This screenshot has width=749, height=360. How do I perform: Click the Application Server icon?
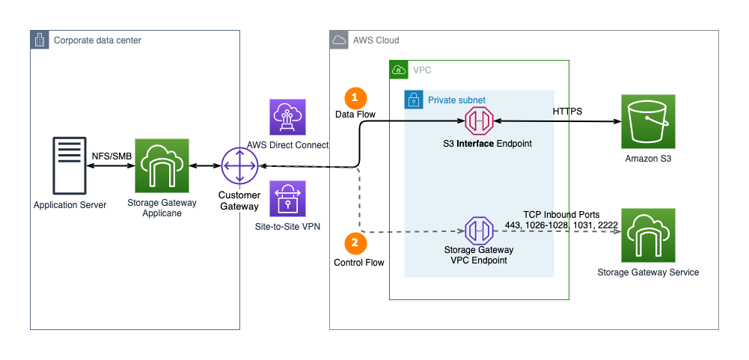coord(70,165)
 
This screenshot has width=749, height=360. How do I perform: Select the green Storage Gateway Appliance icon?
coord(162,165)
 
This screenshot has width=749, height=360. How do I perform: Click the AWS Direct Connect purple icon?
coord(288,118)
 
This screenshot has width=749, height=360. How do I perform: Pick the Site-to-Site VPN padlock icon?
coord(288,199)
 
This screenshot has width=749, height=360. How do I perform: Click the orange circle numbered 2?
coord(355,242)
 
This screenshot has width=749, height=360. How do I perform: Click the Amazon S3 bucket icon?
coord(648,121)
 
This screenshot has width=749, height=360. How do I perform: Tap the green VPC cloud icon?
coord(398,70)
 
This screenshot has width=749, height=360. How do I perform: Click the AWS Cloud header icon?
coord(339,40)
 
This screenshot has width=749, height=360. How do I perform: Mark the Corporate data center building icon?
coord(39,40)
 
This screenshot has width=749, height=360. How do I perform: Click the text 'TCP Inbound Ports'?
coord(560,215)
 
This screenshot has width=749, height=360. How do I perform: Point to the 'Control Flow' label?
coord(358,263)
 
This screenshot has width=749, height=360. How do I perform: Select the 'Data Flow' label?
coord(355,115)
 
